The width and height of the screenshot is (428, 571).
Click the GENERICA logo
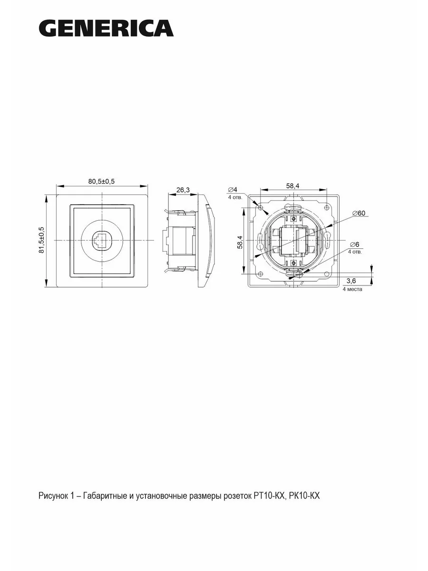[106, 29]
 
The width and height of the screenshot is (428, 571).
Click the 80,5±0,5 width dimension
[101, 181]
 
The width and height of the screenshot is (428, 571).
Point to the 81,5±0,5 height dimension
[41, 240]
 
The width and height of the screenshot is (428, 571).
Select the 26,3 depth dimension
[183, 190]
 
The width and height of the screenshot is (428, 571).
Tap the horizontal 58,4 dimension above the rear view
[293, 186]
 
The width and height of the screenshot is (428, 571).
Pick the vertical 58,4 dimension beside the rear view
[240, 242]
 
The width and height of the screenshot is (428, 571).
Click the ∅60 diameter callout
[359, 213]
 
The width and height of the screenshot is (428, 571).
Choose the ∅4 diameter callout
[233, 189]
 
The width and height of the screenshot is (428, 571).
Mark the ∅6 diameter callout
[354, 245]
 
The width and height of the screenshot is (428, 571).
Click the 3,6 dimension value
[351, 281]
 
